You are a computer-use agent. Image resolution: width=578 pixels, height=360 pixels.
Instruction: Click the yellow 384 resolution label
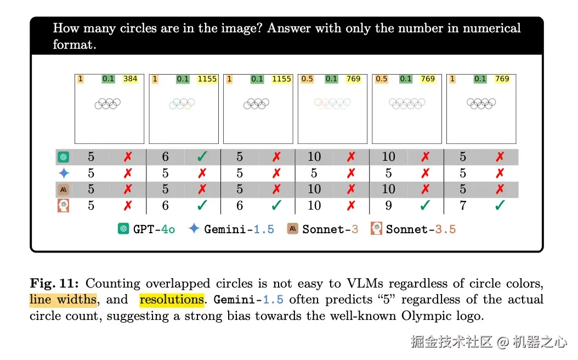click(x=130, y=79)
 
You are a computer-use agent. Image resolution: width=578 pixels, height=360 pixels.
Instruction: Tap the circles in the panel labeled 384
click(x=107, y=103)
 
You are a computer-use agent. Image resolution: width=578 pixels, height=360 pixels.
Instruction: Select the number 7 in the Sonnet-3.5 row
click(x=463, y=206)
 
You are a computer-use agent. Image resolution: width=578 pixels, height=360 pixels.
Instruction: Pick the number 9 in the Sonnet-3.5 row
click(x=388, y=206)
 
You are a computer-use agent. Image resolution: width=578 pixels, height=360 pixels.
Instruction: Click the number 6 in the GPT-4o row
click(x=165, y=157)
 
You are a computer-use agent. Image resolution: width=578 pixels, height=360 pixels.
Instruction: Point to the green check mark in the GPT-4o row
click(x=202, y=157)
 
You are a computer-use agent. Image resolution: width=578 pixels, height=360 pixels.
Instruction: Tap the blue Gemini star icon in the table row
click(x=64, y=173)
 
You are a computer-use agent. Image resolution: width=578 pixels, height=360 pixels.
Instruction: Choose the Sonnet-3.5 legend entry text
click(x=421, y=229)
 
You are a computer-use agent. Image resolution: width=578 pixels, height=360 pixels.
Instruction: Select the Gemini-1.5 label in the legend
click(x=239, y=229)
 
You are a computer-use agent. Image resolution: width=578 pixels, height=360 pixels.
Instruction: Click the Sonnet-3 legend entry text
click(x=330, y=229)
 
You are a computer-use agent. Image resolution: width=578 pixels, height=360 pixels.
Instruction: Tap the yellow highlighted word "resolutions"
click(x=172, y=300)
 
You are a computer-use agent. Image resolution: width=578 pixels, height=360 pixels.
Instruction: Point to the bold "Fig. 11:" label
click(x=54, y=284)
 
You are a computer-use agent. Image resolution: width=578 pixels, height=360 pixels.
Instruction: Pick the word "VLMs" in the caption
click(x=361, y=284)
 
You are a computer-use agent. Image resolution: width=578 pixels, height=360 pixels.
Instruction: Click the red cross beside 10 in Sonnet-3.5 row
click(x=351, y=206)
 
